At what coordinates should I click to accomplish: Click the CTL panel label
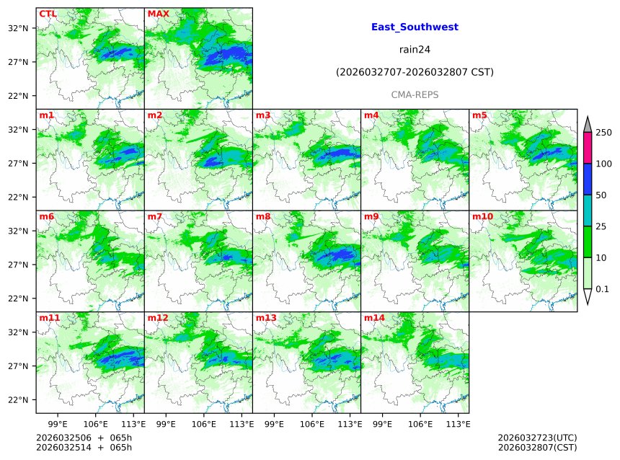point(48,14)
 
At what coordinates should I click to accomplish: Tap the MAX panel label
point(158,14)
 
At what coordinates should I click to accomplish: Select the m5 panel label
point(479,115)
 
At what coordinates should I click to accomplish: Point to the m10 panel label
point(482,216)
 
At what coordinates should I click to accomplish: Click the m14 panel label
point(374,318)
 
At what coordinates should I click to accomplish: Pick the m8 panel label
point(263,216)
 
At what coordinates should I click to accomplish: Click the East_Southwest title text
point(415,27)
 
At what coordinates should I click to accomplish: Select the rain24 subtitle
point(415,50)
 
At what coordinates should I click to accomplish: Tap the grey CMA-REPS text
point(415,94)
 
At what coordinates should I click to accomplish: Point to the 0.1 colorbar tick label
point(603,289)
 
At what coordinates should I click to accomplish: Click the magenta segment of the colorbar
point(587,148)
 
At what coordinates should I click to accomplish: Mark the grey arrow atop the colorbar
point(587,125)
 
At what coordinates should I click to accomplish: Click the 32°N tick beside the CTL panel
point(18,28)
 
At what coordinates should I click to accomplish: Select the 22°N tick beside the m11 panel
point(18,400)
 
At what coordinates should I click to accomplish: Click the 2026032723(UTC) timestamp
point(537,438)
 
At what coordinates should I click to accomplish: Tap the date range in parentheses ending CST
point(415,72)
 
